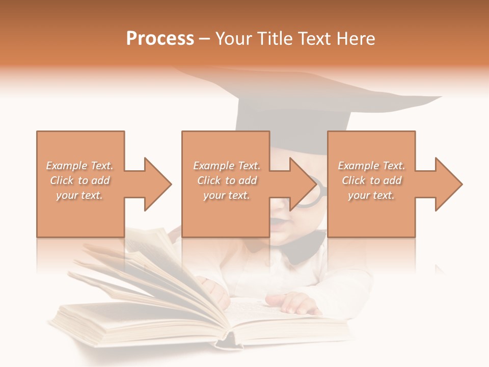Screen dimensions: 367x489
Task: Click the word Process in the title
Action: coord(160,39)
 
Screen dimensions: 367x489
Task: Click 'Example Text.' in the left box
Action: coord(79,166)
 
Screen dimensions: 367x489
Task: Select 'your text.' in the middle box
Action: coord(227,195)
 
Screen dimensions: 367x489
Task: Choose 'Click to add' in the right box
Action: coord(372,180)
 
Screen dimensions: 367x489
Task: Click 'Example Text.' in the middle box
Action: coord(227,166)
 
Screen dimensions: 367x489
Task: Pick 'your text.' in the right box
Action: coord(372,195)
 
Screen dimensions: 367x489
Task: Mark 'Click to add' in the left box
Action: coord(79,180)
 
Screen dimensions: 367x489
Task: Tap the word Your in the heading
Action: coord(233,39)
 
